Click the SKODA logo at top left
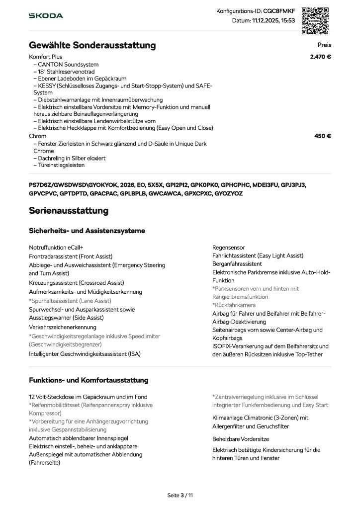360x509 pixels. (x=46, y=16)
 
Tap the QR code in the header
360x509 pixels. (x=316, y=20)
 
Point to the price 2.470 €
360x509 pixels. (x=320, y=57)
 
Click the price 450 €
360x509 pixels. (x=323, y=136)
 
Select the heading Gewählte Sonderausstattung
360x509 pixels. (x=92, y=46)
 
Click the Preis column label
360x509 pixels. (x=324, y=45)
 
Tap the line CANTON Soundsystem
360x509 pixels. (x=67, y=64)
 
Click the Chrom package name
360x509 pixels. (x=38, y=136)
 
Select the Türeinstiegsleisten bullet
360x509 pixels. (x=60, y=165)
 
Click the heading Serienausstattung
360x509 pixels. (x=69, y=210)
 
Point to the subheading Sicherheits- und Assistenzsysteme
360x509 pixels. (x=87, y=231)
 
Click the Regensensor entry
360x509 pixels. (x=228, y=248)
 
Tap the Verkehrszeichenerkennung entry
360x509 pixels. (x=63, y=328)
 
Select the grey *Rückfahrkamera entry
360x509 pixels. (x=234, y=305)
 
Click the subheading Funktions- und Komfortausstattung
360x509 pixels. (x=89, y=380)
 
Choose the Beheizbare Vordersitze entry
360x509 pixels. (x=241, y=439)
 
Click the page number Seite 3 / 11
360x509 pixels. (x=180, y=495)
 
